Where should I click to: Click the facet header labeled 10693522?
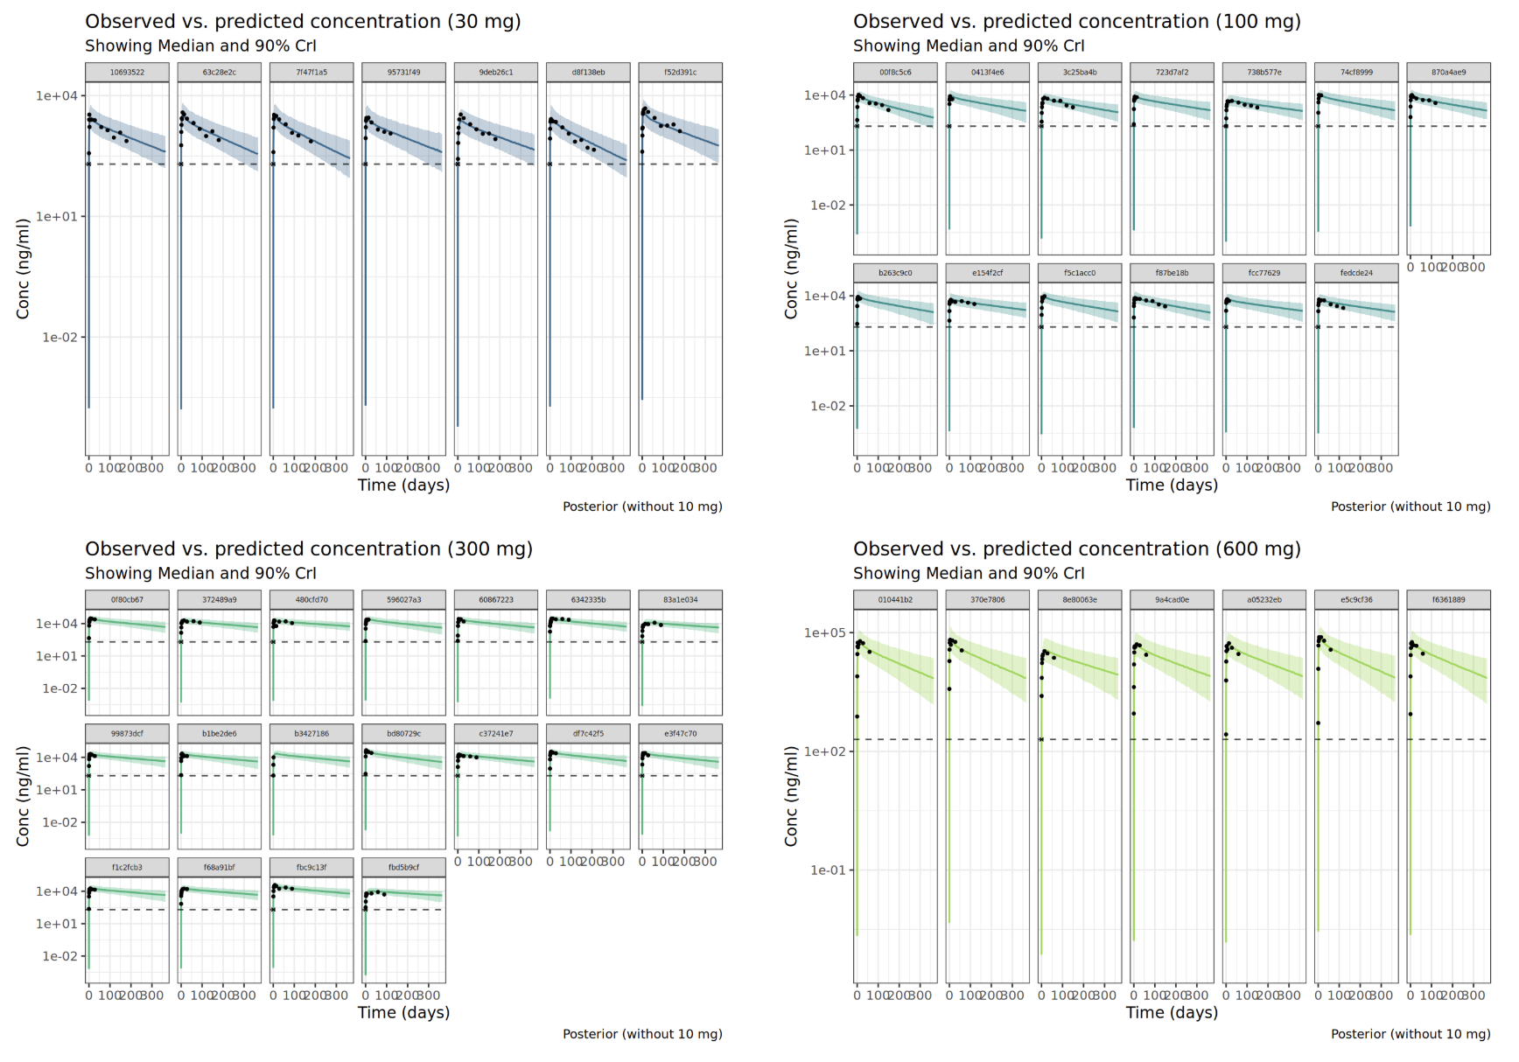[127, 73]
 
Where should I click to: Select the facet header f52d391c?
[680, 73]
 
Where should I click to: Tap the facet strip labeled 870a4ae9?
[1448, 73]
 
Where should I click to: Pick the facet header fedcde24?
[1355, 273]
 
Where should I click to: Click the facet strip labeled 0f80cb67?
[127, 600]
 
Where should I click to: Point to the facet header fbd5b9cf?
[403, 868]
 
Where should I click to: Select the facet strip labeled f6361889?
[1448, 600]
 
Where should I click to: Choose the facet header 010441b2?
[895, 600]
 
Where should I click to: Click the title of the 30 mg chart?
[303, 22]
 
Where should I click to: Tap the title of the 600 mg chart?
[1076, 549]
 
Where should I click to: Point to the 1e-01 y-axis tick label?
[828, 870]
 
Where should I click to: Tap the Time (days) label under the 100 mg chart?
[1172, 486]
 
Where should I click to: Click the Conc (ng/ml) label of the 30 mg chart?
[24, 269]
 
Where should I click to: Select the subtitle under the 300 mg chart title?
[200, 574]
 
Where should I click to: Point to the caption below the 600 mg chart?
[1410, 1034]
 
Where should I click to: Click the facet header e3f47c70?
[680, 734]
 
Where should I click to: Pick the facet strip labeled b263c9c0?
[895, 273]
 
